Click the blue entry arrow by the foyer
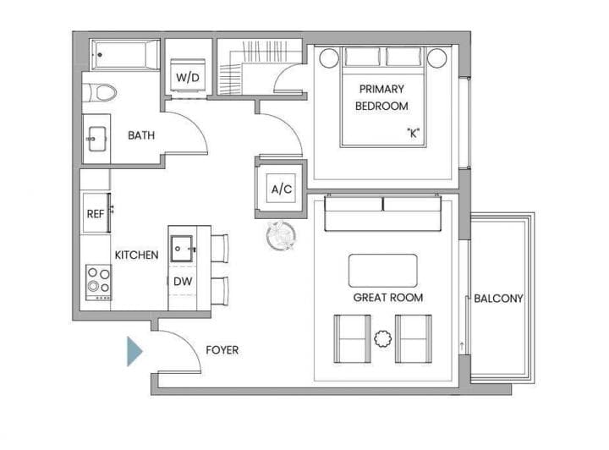coord(134,351)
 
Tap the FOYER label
coord(222,350)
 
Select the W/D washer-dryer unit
coord(188,76)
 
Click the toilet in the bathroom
coord(100,93)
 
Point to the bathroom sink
coord(96,139)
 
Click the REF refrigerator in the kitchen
coord(96,213)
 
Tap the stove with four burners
coord(99,283)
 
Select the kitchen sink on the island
coord(182,249)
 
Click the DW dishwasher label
coord(183,281)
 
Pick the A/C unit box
coord(281,189)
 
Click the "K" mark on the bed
coord(414,133)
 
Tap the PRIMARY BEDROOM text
coord(381,97)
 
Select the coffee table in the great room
coord(383,271)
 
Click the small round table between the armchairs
coord(383,338)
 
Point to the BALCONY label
coord(499,299)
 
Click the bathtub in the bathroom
coord(125,55)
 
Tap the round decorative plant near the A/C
coord(281,235)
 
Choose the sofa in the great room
coord(383,213)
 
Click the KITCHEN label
coord(137,255)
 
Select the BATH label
coord(141,135)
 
